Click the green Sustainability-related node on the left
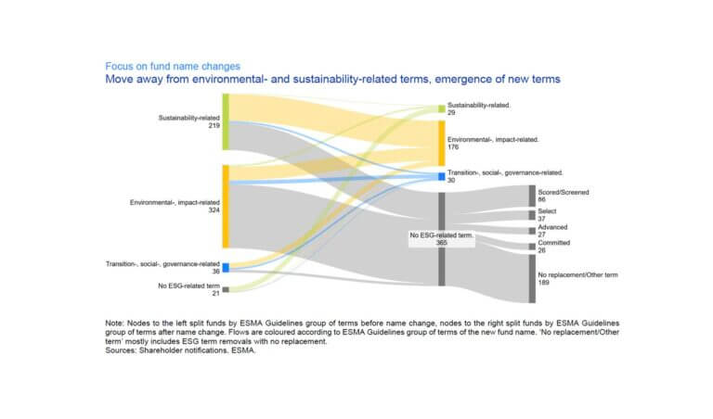226,121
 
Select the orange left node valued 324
226,207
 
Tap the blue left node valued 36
226,267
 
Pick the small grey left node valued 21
226,289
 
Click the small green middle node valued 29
442,108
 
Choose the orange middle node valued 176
442,144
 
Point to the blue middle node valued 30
442,176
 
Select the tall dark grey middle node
442,239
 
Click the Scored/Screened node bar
532,196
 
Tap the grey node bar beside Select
532,215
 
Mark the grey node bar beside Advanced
532,231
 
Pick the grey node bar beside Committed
532,247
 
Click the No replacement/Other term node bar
532,279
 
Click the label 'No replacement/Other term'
577,274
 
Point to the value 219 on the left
214,126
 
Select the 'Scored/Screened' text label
563,192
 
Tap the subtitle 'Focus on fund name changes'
173,66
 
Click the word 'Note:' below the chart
114,324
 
